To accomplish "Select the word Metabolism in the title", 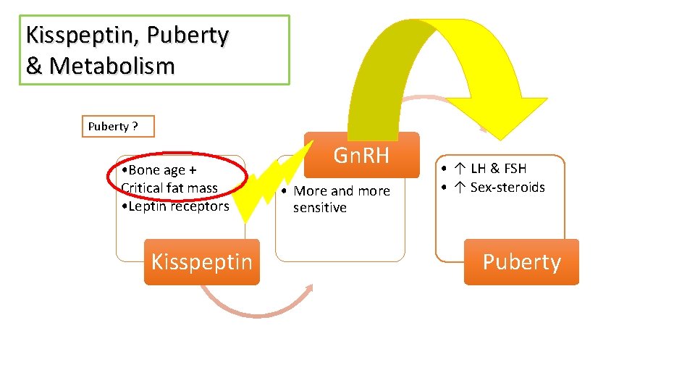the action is pos(111,66).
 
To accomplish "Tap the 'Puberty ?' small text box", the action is pos(117,126).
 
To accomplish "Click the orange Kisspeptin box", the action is pos(201,261).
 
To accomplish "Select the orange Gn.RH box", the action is pos(361,155).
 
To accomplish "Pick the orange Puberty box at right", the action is pos(521,261).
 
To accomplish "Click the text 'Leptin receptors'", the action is pos(179,206).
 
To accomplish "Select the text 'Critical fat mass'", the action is pos(169,188).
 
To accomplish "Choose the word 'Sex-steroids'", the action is pos(507,188).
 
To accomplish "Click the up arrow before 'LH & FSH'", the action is pos(460,169).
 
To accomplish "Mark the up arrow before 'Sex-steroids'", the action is pos(460,188).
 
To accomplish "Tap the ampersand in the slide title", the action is pos(33,66).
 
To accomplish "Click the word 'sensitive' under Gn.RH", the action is pos(319,208).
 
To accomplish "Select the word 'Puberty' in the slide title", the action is pos(196,35).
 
